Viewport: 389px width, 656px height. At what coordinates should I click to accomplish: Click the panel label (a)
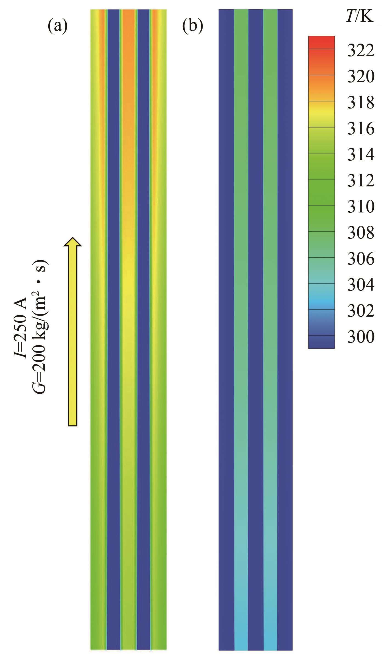point(58,27)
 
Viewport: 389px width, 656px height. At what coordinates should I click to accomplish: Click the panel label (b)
point(193,27)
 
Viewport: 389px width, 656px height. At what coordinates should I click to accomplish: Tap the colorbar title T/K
point(360,17)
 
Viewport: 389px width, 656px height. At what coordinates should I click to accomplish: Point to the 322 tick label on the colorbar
point(361,51)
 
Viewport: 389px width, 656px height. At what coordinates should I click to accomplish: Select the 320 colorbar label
point(361,77)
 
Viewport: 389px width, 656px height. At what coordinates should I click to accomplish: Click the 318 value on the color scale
point(361,103)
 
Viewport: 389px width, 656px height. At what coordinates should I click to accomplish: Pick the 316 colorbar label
point(361,129)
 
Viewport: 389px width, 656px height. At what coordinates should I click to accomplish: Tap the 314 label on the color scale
point(361,155)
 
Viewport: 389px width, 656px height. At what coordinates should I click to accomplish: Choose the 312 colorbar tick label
point(361,181)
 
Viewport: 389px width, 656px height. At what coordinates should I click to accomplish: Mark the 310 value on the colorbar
point(361,207)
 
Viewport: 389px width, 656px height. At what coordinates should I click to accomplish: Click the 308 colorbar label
point(361,233)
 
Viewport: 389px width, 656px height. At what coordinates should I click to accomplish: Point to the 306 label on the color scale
point(361,259)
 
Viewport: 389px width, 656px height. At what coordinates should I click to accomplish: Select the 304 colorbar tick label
point(361,285)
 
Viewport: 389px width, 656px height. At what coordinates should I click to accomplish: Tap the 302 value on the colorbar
point(361,311)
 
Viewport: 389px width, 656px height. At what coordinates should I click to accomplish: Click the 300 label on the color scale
point(361,337)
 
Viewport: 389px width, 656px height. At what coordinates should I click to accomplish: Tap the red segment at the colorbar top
point(321,42)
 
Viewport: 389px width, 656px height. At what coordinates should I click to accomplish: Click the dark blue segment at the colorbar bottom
point(321,342)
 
